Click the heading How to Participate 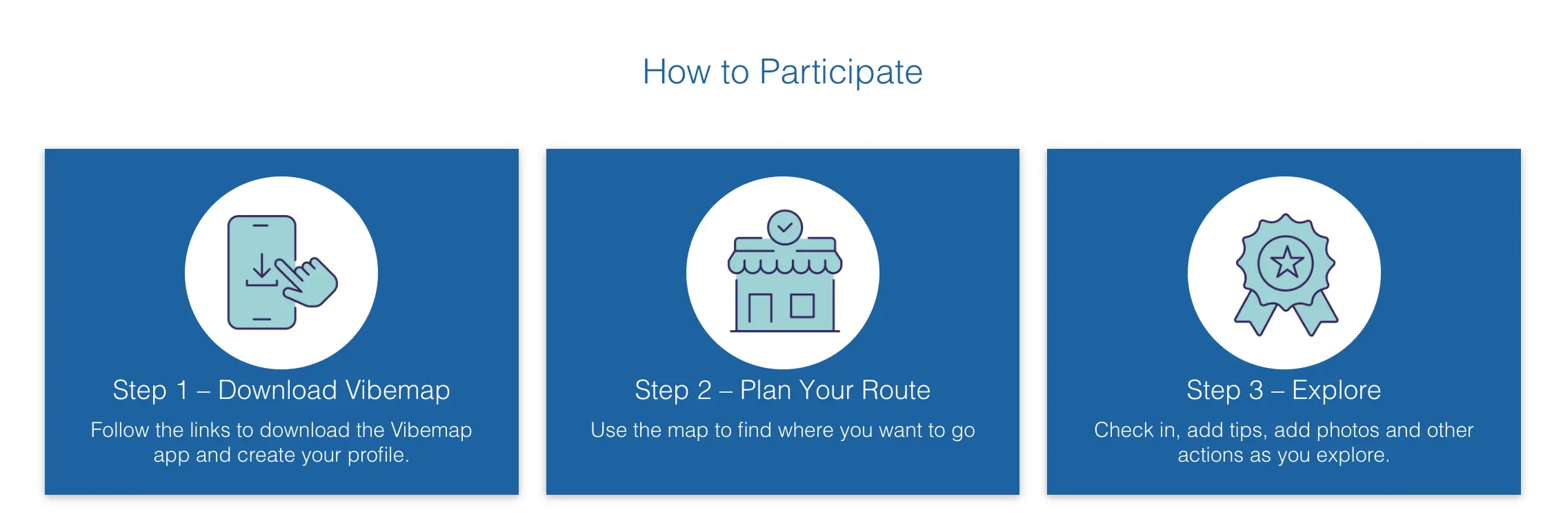[x=782, y=72]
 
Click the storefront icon [x=784, y=271]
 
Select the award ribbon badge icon [x=1285, y=274]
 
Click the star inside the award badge [x=1286, y=263]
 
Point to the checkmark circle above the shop [x=785, y=227]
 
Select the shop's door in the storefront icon [x=760, y=311]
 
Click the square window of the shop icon [x=802, y=305]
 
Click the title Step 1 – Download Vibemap [x=281, y=391]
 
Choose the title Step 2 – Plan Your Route [x=783, y=391]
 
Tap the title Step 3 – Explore [x=1284, y=391]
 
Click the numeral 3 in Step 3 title [x=1255, y=391]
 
